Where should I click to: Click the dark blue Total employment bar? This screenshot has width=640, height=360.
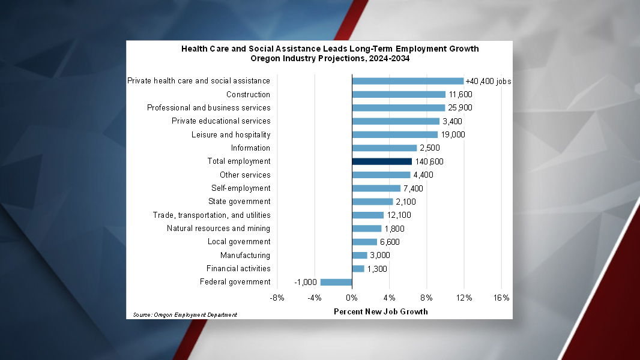coord(382,161)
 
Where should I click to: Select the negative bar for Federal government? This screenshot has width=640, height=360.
coord(336,282)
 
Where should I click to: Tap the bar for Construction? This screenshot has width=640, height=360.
coord(399,94)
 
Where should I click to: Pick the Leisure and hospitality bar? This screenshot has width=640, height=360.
coord(394,134)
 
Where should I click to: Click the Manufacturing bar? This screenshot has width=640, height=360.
coord(359,255)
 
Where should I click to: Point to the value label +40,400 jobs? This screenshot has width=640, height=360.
coord(488,81)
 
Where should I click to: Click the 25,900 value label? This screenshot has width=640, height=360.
coord(460,108)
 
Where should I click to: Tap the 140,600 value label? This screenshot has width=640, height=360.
coord(429,161)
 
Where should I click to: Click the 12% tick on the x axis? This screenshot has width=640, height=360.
coord(464,298)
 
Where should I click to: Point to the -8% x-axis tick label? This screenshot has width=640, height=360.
coord(277,298)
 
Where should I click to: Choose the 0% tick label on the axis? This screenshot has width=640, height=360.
coord(352,298)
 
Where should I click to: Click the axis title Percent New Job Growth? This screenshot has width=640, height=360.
coord(381,311)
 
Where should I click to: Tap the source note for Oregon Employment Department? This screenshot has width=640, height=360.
coord(185,314)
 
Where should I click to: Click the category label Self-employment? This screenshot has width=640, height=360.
coord(241,188)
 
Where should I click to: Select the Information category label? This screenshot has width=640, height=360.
coord(250,148)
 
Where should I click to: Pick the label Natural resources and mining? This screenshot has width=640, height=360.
coord(219,228)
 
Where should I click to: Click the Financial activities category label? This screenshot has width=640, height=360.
coord(238,268)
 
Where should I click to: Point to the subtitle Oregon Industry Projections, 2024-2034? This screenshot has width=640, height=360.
coord(330,58)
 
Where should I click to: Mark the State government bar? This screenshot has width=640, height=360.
coord(372,202)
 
